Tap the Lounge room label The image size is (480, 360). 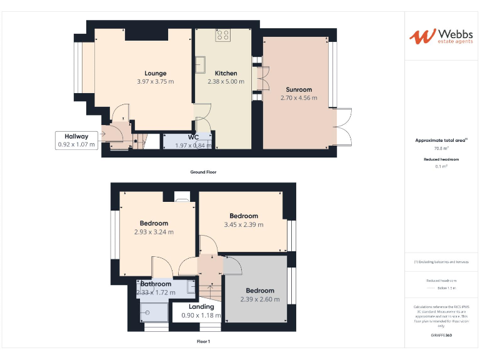(x=156, y=73)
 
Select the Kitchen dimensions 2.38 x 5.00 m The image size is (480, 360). (x=226, y=82)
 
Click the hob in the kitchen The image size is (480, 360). (x=223, y=36)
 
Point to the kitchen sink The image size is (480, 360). (x=202, y=64)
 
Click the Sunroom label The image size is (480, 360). (x=299, y=89)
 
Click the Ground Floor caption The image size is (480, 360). (x=203, y=172)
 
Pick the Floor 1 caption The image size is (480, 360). (x=203, y=342)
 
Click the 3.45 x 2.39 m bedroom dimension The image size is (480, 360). (x=244, y=225)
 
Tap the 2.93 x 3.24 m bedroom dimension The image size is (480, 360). (x=154, y=232)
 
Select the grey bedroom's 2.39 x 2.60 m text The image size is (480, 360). (x=259, y=299)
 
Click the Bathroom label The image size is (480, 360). (x=156, y=284)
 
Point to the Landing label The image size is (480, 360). (x=201, y=306)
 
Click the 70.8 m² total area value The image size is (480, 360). (x=441, y=149)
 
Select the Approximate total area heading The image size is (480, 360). (x=441, y=141)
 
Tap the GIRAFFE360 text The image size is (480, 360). (x=441, y=336)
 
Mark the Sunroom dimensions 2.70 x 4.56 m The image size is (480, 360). (x=299, y=98)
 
